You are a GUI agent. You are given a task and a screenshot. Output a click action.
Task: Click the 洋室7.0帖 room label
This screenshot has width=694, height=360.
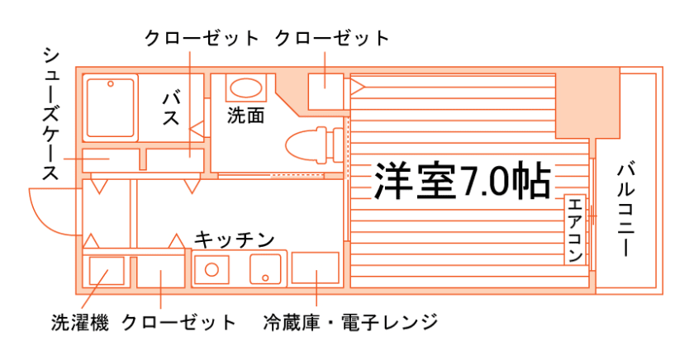[x=462, y=180]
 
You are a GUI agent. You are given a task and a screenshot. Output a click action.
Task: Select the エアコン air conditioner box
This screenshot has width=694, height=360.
[x=575, y=230]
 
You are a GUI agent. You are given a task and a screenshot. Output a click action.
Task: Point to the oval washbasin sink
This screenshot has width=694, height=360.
[x=245, y=88]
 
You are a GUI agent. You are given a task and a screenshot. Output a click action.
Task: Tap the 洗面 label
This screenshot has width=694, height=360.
[x=245, y=115]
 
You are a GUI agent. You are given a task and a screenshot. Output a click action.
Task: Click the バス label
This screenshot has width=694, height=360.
[x=171, y=107]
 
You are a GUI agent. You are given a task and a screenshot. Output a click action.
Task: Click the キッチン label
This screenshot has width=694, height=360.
[x=234, y=240]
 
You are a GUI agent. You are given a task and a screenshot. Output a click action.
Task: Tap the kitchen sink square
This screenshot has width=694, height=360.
[x=266, y=269]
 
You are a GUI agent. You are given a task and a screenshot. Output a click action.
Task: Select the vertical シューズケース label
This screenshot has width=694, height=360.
[x=50, y=115]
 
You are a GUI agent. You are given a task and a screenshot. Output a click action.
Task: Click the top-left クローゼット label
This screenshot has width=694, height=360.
[x=201, y=38]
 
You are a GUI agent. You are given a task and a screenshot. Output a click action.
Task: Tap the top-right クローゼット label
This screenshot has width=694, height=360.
[x=331, y=38]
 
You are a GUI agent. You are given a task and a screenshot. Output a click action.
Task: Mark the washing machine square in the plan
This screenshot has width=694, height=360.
[x=106, y=271]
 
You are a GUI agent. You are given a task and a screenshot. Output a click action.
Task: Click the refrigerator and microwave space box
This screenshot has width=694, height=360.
[x=316, y=269]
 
